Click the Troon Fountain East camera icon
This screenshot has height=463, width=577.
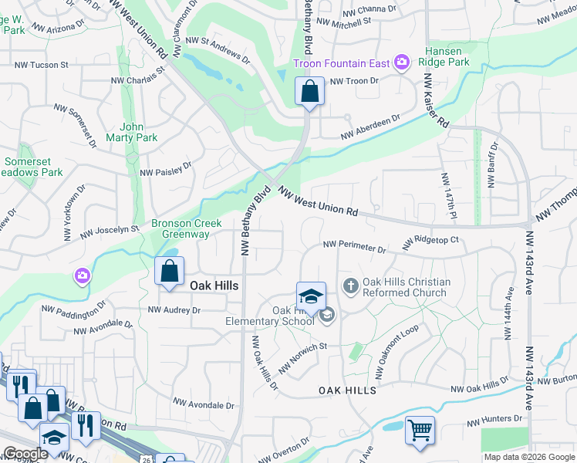401,62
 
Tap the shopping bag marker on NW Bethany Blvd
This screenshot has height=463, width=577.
309,92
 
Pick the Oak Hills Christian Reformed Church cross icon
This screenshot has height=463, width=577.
350,286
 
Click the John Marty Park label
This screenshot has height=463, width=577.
139,132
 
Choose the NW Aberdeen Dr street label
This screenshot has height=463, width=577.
371,128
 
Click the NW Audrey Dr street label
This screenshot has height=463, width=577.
174,309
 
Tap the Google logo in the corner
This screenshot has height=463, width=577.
25,453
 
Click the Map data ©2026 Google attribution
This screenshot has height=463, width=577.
529,457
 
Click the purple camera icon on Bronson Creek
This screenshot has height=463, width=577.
83,275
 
